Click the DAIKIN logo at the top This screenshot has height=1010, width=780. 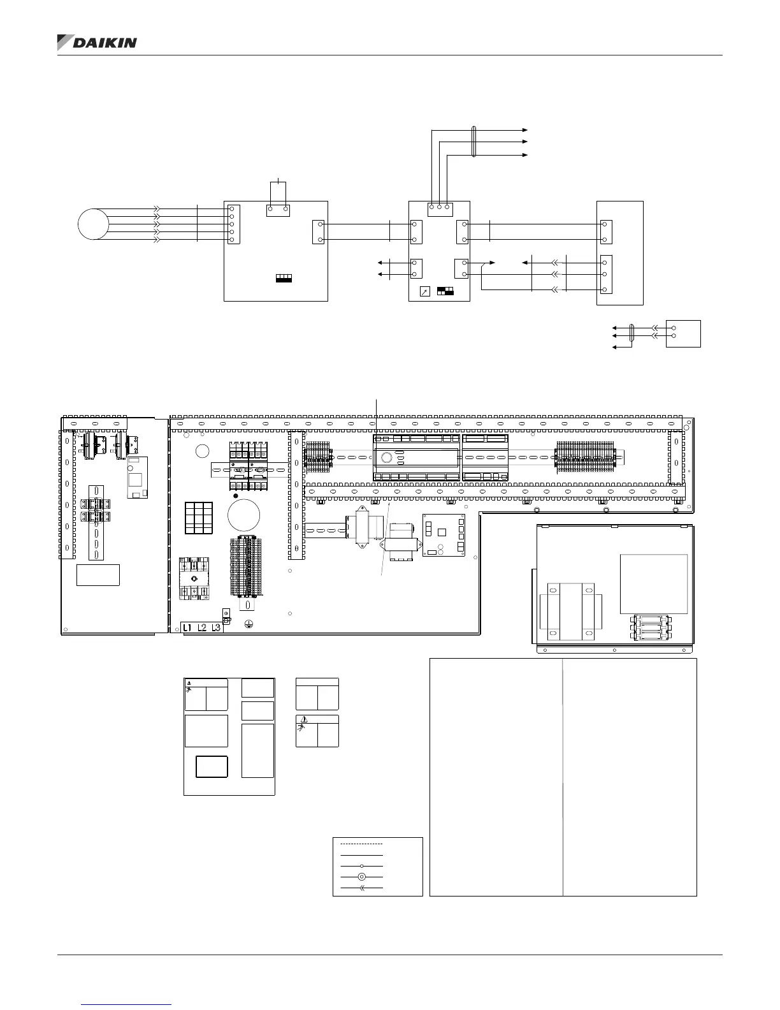tap(97, 43)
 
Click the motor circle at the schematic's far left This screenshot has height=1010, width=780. tap(94, 224)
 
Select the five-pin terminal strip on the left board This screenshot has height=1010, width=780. tap(234, 224)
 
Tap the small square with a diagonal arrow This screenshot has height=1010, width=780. tap(424, 291)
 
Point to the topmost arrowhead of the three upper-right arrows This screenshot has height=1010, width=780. tap(525, 130)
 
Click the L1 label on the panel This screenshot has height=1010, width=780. tap(187, 628)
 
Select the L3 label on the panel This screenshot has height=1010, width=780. tap(215, 628)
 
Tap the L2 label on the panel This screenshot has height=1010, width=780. tap(201, 628)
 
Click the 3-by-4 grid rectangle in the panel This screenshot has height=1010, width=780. tap(199, 518)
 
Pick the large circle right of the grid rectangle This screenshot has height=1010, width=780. tap(243, 515)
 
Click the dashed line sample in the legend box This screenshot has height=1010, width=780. tap(361, 844)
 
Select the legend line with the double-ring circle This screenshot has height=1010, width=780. tap(361, 877)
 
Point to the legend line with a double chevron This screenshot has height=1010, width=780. tap(361, 888)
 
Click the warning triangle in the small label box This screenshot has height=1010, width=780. tap(304, 719)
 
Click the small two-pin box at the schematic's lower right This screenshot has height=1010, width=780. tap(683, 333)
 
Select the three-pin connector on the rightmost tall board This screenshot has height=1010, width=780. tap(606, 274)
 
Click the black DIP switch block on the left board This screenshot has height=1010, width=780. tap(284, 279)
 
